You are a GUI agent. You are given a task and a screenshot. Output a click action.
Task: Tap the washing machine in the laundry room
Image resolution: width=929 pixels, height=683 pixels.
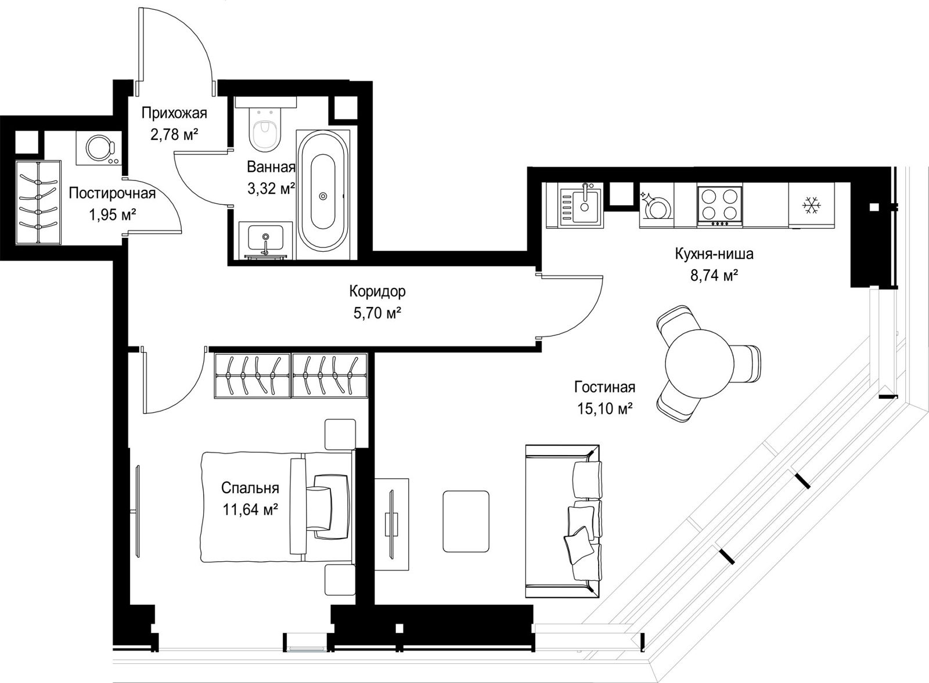point(99,148)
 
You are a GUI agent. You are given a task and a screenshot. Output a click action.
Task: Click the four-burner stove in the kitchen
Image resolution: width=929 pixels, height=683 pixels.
point(719,207)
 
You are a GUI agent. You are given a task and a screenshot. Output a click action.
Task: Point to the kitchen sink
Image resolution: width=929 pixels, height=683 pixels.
point(581,207)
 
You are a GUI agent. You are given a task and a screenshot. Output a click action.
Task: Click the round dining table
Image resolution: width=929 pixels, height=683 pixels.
point(697,363)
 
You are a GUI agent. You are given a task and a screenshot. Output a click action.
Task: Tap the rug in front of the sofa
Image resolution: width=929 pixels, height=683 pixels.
point(466,521)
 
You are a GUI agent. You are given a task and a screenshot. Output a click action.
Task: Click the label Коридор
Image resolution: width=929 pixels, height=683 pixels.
point(377,291)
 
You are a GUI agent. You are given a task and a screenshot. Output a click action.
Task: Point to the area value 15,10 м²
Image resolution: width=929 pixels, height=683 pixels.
point(605,409)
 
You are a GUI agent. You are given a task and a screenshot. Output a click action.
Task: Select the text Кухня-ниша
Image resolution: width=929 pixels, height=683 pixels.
point(714,254)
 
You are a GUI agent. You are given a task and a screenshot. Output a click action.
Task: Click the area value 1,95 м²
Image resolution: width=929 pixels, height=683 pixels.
point(113,215)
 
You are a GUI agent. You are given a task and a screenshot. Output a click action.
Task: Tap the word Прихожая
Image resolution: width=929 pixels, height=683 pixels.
point(174,113)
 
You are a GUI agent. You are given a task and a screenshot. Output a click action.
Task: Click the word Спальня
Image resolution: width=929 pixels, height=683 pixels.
point(250,488)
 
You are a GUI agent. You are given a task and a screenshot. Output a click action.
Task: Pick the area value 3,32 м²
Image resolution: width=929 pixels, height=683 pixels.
point(271,189)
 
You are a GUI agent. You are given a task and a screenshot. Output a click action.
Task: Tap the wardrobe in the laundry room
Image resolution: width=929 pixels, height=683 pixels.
point(38,203)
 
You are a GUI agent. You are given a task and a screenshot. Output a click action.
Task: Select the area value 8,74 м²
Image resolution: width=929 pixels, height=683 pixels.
point(714,276)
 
